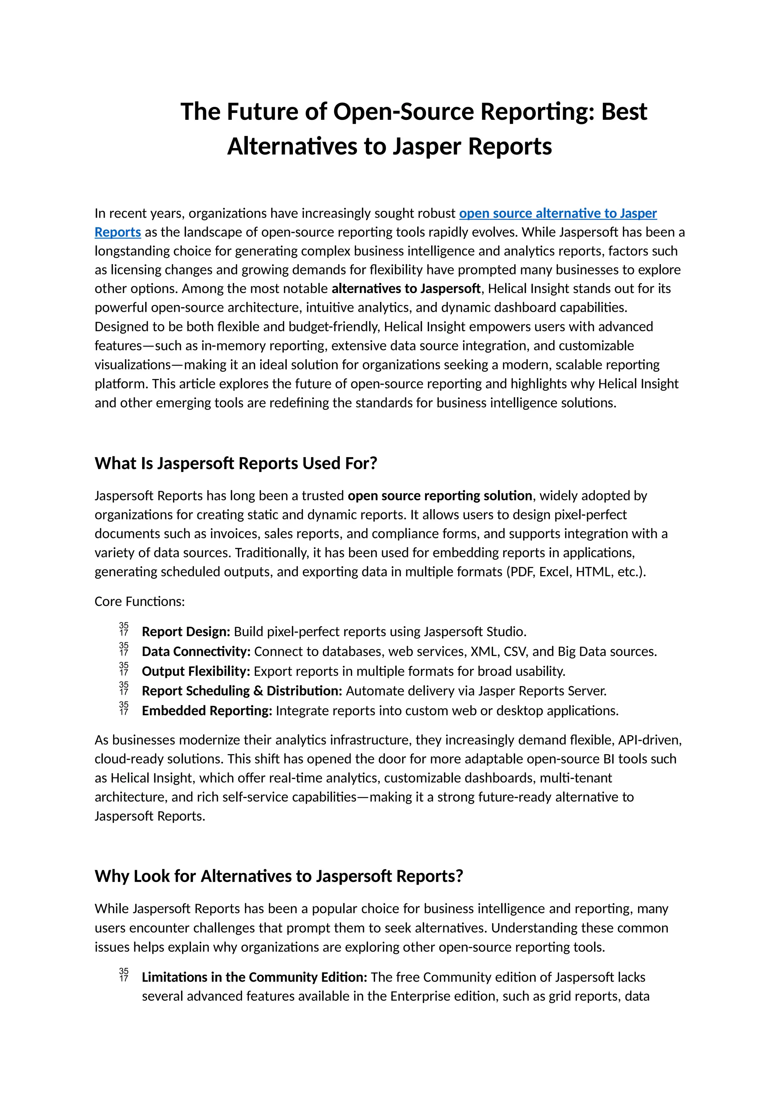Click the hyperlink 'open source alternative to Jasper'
[x=557, y=213]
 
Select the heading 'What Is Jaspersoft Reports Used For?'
[x=236, y=463]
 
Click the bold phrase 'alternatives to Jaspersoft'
[x=406, y=289]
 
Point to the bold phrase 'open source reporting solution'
[x=439, y=496]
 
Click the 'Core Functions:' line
[x=140, y=601]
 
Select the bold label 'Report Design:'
[x=186, y=632]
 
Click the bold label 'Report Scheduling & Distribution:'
[x=242, y=691]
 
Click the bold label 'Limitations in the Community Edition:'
[x=254, y=977]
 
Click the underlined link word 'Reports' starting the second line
[x=118, y=232]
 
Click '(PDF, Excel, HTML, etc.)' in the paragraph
[x=576, y=571]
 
